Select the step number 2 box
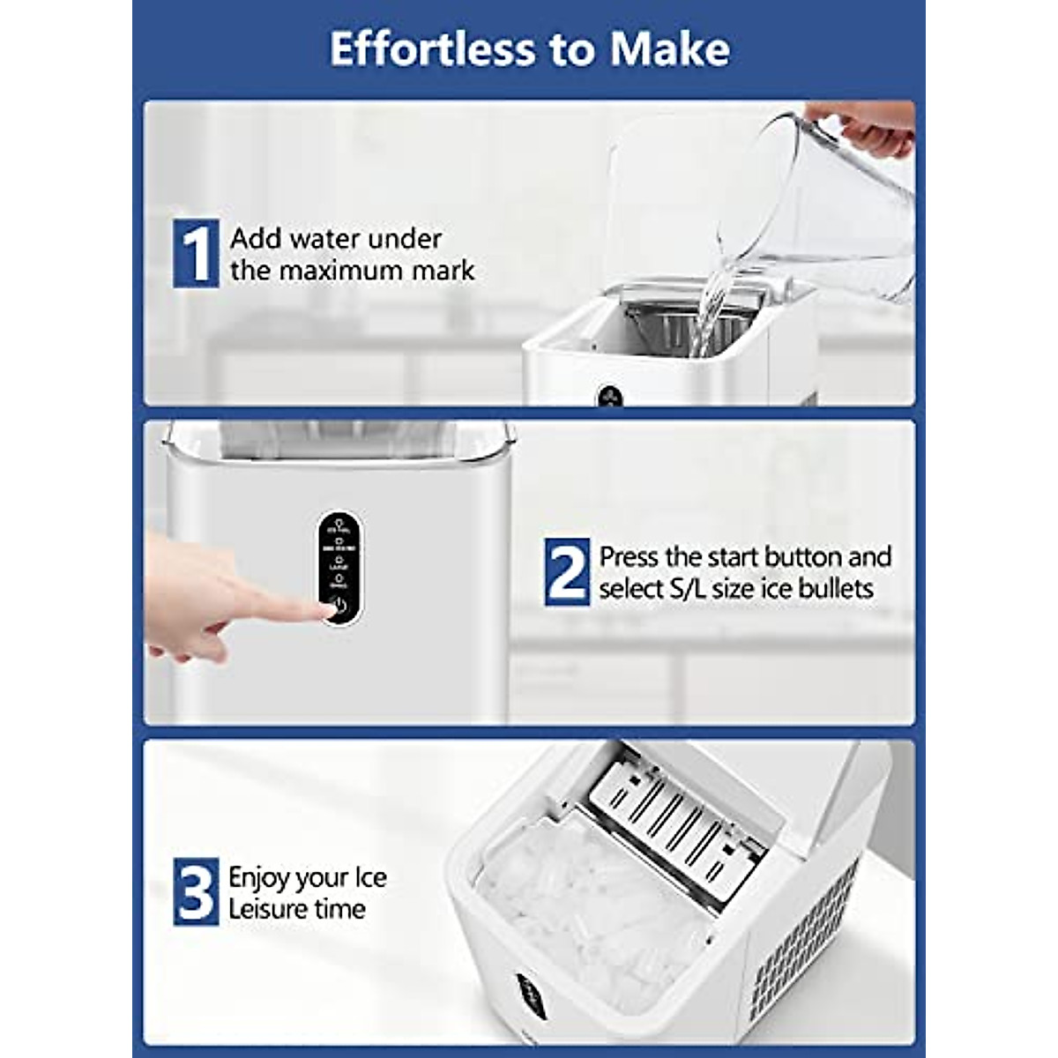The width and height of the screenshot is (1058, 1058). click(x=567, y=572)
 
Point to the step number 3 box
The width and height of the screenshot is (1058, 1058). click(x=196, y=891)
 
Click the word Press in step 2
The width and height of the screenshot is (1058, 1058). click(x=629, y=557)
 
